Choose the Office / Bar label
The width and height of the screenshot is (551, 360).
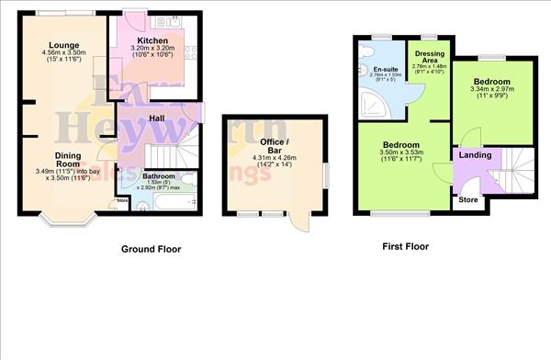(x=275, y=146)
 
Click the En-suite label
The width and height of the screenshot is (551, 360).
(x=387, y=68)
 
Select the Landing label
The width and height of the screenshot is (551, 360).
(x=475, y=154)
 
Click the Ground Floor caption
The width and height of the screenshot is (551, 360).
(x=152, y=249)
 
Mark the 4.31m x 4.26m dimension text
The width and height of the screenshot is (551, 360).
(x=275, y=158)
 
